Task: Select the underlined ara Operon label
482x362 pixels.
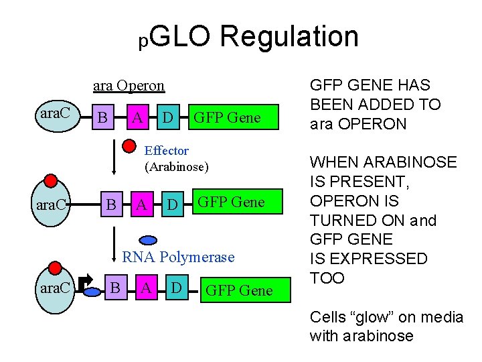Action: pos(129,86)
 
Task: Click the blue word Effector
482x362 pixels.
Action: pos(167,151)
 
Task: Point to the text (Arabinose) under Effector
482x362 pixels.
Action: pos(177,166)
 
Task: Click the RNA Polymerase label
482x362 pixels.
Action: pos(178,257)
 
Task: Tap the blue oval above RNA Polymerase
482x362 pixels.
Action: pos(149,239)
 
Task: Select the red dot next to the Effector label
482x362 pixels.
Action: pos(132,144)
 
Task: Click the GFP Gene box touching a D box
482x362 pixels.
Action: pos(226,118)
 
